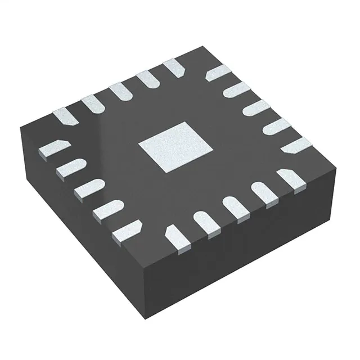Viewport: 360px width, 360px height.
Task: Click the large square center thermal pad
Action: coord(176,147)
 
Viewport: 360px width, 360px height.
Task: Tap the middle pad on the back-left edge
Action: coord(119,92)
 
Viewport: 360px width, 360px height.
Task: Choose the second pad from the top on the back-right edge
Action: coord(236,90)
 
